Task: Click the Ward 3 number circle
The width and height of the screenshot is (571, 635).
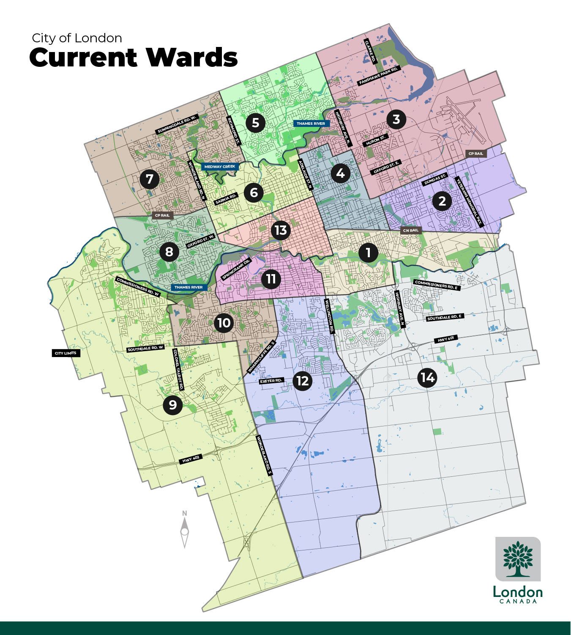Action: [396, 119]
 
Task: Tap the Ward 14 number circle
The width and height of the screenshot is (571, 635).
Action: [427, 377]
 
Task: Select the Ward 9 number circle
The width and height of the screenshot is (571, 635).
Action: [172, 405]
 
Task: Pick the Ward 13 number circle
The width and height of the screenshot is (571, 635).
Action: [281, 230]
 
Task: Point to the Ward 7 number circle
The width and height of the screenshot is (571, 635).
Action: [150, 179]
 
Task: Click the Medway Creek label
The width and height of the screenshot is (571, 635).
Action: [219, 167]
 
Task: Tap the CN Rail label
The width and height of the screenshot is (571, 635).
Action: [411, 231]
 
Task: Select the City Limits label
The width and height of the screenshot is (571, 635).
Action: [66, 353]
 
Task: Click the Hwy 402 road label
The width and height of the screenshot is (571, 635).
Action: [191, 459]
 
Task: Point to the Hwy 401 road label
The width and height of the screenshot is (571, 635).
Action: [445, 339]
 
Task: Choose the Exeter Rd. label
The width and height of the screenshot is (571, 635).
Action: [271, 381]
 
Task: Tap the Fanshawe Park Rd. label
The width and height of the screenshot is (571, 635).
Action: [379, 76]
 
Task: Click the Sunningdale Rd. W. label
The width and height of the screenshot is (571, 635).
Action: [177, 124]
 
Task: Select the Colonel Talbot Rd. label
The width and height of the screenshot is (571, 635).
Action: [178, 369]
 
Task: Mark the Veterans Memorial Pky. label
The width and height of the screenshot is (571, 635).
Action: [469, 202]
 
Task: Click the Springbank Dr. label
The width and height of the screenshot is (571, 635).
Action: [236, 269]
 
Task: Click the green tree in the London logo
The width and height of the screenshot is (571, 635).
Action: [518, 558]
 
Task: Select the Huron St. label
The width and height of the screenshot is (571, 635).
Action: [375, 140]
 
